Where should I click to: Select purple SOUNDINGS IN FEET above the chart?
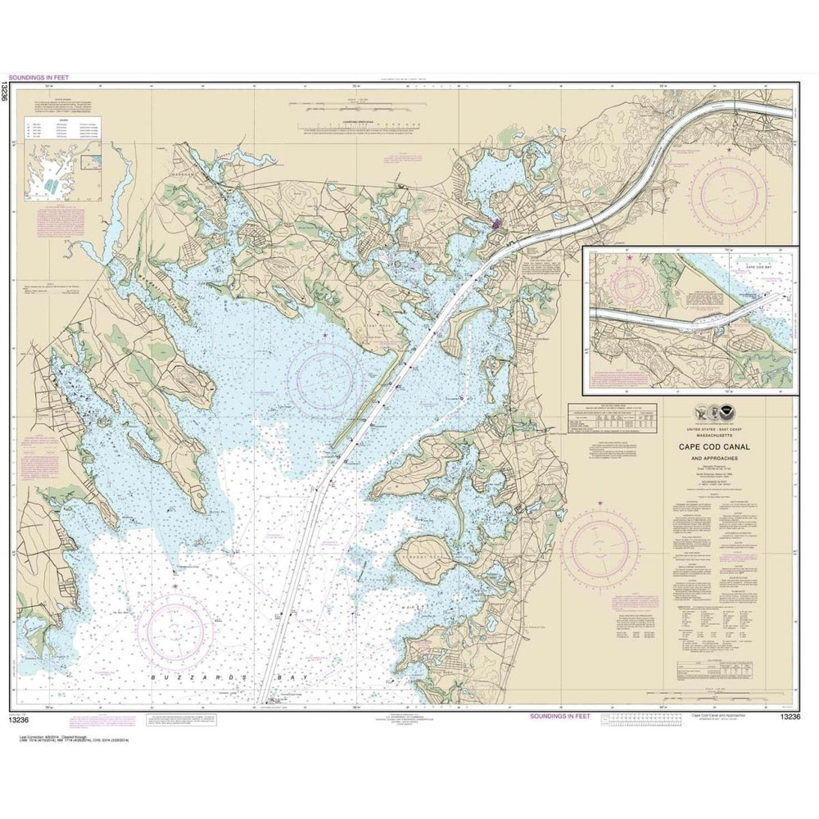point(39,78)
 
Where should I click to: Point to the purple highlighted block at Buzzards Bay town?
point(496,223)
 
